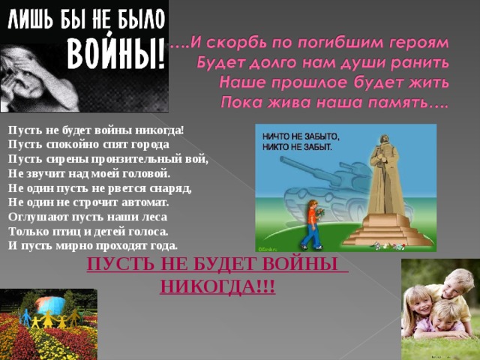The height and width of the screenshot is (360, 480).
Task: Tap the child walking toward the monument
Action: click(x=311, y=224)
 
